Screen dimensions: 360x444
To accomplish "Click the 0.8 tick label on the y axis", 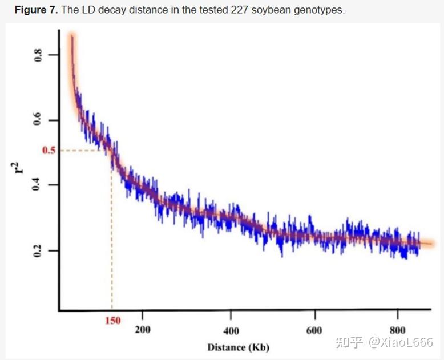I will click(39, 55).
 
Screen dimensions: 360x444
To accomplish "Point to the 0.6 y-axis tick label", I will click(39, 120).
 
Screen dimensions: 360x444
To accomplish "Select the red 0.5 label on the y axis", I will click(50, 151).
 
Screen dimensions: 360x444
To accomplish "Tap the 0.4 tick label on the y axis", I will click(39, 185).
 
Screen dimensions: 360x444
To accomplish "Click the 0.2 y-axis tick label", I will click(39, 250).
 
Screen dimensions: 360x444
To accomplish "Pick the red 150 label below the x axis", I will click(112, 321).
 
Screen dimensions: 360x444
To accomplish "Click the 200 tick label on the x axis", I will click(142, 330).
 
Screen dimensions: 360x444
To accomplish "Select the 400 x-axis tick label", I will click(231, 330).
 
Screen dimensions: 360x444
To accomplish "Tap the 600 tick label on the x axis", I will click(314, 330).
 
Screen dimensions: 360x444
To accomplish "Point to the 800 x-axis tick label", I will click(398, 330).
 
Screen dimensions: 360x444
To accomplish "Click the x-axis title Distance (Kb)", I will click(238, 347).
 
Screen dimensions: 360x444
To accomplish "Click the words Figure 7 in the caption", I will click(34, 10).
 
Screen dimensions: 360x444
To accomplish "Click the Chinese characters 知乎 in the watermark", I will click(348, 342).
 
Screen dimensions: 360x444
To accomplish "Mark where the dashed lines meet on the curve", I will click(112, 151).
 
